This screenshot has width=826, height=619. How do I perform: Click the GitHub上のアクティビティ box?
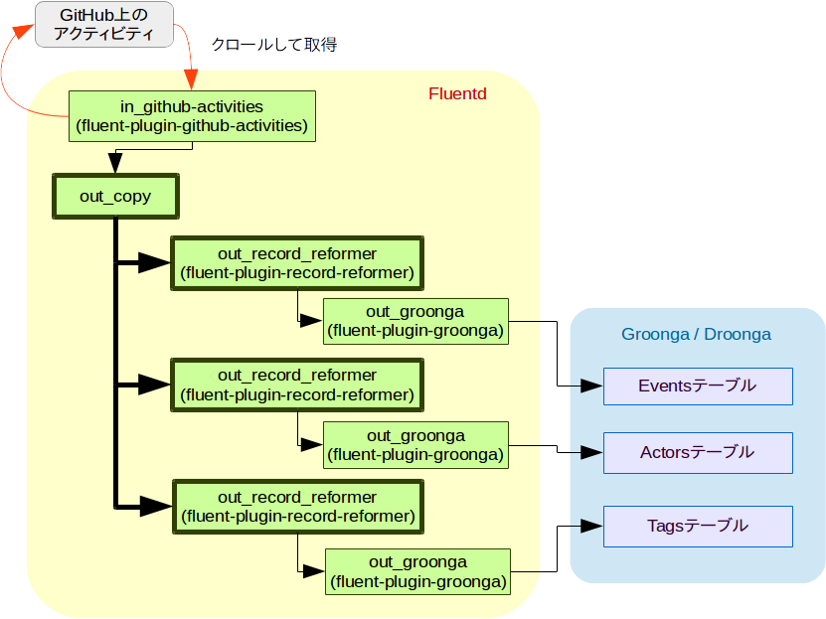point(104,24)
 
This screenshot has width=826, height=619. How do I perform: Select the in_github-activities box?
point(192,116)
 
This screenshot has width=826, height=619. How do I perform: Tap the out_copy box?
point(115,197)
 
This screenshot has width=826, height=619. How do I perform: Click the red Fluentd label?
point(457,93)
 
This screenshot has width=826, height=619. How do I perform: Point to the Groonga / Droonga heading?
point(696,334)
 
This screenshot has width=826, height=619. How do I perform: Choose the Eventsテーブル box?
point(698,387)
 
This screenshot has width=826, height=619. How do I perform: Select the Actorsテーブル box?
point(698,453)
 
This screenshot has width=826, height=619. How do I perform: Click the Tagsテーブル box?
point(698,527)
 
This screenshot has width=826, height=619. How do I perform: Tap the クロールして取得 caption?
point(274,45)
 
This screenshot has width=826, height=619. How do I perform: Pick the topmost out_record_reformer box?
point(297,263)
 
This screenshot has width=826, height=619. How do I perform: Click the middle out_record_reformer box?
point(297,385)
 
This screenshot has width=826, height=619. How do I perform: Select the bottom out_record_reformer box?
point(298,507)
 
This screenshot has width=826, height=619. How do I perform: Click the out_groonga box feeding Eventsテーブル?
point(415,321)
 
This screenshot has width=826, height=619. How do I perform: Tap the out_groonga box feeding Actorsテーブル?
point(415,445)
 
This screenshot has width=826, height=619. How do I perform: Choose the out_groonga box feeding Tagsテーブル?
point(418,571)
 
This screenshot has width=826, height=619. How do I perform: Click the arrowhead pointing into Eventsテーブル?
point(591,386)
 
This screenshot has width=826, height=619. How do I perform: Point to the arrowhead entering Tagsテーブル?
point(591,526)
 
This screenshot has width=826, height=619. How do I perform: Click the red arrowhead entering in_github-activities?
point(192,79)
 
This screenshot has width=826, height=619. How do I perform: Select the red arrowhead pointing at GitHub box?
point(23,31)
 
